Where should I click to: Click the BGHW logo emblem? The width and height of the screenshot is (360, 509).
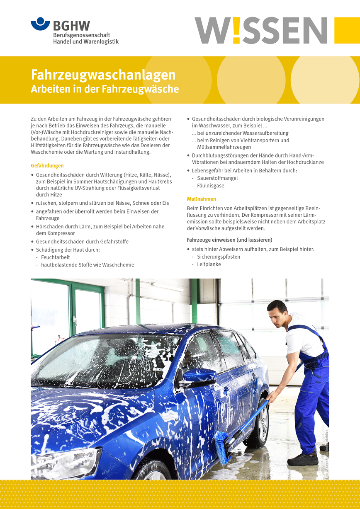click(x=40, y=24)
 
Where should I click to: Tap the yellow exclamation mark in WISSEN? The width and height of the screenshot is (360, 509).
click(x=236, y=30)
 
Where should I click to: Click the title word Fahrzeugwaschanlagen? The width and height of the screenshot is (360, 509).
click(x=103, y=75)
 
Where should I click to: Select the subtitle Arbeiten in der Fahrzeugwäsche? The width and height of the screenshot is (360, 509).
click(x=105, y=89)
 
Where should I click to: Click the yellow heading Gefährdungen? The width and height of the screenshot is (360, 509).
click(x=47, y=166)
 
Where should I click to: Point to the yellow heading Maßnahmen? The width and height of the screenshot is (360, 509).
click(x=201, y=199)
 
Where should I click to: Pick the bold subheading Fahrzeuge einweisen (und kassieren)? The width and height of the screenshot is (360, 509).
click(x=229, y=240)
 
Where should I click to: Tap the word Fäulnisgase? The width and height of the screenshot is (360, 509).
click(x=211, y=186)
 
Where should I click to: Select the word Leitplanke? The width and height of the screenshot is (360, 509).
click(x=209, y=264)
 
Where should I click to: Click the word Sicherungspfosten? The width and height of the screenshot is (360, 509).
click(x=219, y=257)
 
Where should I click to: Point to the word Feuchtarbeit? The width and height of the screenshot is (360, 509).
click(x=56, y=257)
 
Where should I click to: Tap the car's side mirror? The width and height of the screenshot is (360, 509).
click(x=199, y=376)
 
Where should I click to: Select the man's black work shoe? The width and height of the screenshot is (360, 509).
click(x=303, y=459)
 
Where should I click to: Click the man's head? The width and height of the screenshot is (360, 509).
click(x=277, y=313)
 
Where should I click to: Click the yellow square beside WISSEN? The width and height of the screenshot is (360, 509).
click(x=347, y=30)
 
